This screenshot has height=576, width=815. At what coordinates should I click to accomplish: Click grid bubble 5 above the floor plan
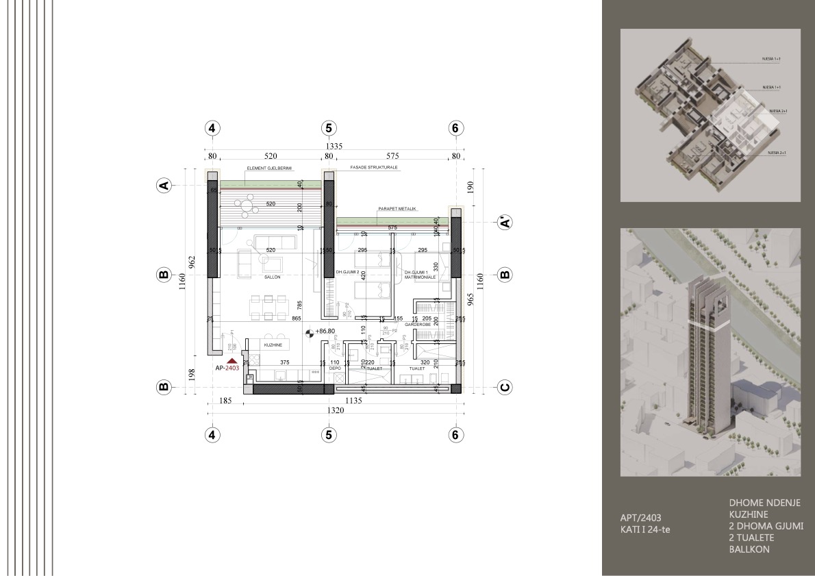[x=329, y=128]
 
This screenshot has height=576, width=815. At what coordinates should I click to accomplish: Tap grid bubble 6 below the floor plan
[x=455, y=434]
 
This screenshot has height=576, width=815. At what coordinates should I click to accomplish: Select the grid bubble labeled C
[x=505, y=387]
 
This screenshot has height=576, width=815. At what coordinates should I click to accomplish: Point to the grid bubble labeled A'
[x=505, y=223]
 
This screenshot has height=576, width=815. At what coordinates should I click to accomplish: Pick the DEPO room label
[x=335, y=368]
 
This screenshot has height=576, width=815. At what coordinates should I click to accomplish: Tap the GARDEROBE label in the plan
[x=416, y=324]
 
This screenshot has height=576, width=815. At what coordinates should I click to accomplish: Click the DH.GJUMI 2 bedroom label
[x=347, y=273]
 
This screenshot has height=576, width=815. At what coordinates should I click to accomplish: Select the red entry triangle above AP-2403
[x=232, y=360]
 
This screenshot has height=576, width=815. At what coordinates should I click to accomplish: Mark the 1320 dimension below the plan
[x=334, y=411]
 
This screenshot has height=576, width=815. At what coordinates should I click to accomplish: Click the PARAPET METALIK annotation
[x=397, y=208]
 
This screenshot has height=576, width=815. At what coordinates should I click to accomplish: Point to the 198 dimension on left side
[x=192, y=373]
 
